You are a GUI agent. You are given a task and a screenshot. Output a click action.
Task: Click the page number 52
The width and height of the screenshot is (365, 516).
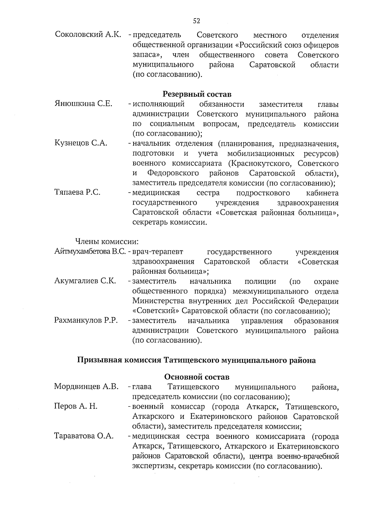196,21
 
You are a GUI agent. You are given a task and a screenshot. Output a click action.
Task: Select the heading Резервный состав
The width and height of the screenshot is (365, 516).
197,94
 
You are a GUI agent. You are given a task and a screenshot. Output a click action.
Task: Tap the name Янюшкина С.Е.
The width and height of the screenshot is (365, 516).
83,104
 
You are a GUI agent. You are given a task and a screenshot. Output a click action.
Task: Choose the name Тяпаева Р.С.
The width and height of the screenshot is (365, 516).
77,192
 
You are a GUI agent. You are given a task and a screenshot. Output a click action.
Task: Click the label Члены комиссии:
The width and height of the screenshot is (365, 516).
107,241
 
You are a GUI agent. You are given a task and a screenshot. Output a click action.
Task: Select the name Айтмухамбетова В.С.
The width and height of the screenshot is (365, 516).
90,252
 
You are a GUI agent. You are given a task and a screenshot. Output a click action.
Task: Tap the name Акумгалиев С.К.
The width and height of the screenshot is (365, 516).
85,281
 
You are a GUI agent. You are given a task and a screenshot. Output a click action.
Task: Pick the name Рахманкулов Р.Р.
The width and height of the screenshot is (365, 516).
86,320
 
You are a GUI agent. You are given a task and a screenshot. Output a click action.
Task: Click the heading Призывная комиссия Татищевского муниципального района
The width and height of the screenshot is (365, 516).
196,360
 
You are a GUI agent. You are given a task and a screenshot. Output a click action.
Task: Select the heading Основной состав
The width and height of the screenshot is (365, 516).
197,377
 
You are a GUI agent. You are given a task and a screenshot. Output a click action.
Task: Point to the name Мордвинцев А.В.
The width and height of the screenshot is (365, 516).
86,386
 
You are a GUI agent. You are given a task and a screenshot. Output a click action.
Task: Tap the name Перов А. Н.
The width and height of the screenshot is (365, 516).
76,406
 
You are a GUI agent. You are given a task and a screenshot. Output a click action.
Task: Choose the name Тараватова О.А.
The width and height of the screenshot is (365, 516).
84,436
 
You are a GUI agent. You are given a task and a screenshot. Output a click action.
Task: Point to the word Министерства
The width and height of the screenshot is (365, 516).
159,301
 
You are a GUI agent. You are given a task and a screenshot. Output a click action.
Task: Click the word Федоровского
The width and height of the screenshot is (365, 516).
173,173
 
